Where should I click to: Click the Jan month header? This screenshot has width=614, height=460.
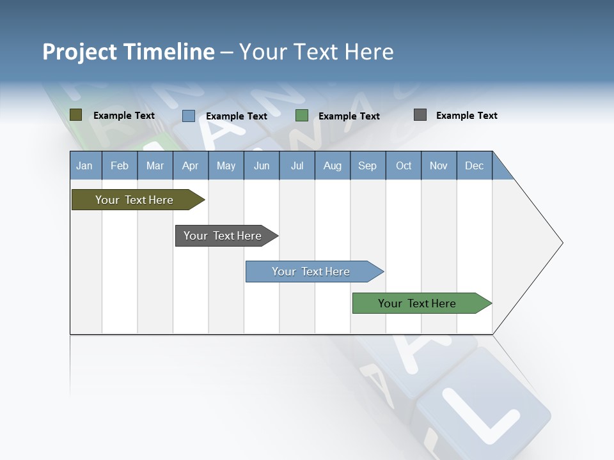coord(85,165)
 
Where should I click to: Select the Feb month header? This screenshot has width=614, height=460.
coord(120,165)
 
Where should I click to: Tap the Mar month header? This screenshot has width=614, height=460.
coord(155,165)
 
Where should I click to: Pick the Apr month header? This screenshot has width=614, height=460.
coord(191,165)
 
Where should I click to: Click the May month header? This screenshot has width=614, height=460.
coord(226,165)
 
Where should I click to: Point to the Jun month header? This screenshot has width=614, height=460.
coord(262,165)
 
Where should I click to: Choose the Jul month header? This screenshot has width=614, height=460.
coord(297,165)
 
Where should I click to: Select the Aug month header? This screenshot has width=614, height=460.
coord(333,165)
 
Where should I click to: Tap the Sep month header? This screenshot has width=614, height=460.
coord(368,165)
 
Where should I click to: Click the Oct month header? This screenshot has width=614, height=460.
coord(404,165)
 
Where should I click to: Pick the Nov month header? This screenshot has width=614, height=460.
coord(439,165)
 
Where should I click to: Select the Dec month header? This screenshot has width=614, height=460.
coord(475,165)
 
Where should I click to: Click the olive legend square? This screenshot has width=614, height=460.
coord(76,115)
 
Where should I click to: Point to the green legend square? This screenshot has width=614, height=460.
coord(302,116)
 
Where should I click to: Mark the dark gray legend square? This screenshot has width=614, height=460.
coord(420,115)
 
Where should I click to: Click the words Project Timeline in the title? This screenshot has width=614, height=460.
coord(129,52)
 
